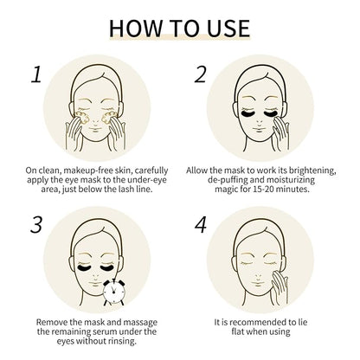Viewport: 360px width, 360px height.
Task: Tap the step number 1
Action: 35,74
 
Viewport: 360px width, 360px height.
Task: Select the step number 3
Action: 36,228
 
